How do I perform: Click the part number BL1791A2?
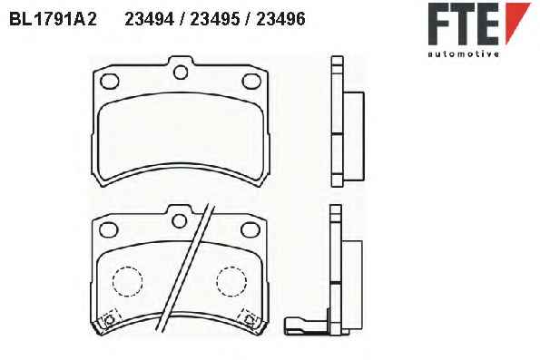coord(53,19)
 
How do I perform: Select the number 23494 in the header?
coord(149,19)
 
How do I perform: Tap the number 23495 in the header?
coord(215,19)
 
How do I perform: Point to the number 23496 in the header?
coord(280,19)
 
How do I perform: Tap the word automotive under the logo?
coord(464,54)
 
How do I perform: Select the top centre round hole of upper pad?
coord(181,73)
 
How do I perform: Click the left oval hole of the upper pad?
coord(110,82)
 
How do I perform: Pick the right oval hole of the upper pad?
coord(251,82)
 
